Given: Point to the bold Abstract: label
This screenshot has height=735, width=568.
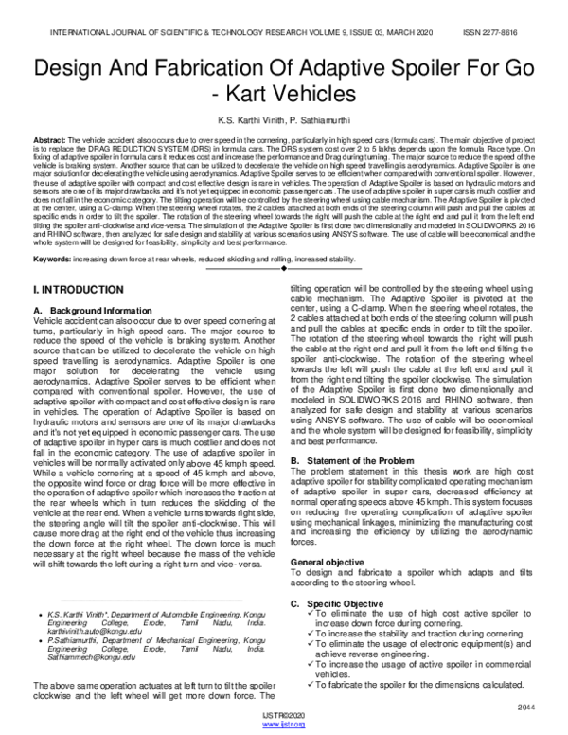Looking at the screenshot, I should click(x=49, y=139).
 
